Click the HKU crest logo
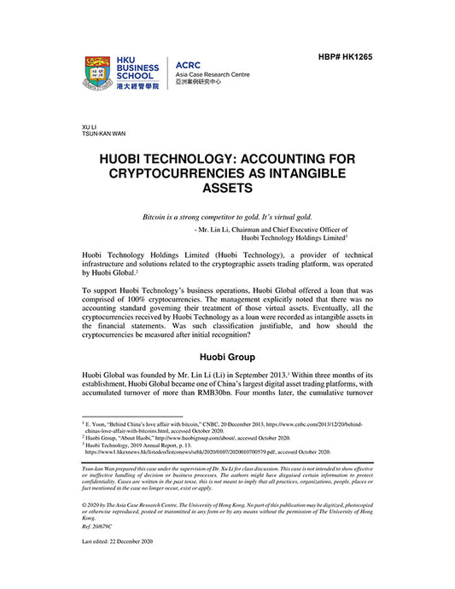[x=100, y=74]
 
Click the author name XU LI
[x=89, y=126]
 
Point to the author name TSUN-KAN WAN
[x=102, y=134]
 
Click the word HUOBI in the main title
[x=131, y=159]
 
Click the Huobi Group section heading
[x=227, y=355]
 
